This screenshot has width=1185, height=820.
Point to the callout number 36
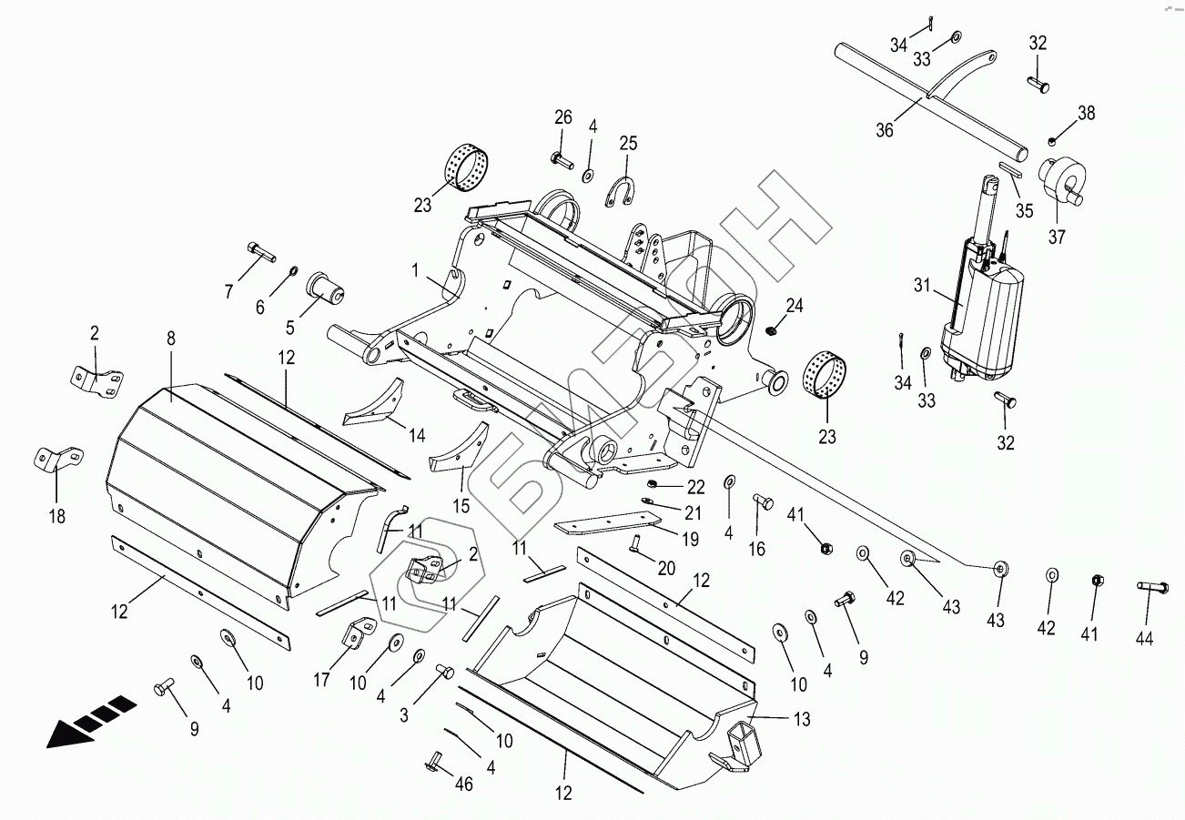pos(884,129)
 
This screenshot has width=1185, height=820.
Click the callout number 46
pos(463,784)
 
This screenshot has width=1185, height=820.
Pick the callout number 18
pos(56,517)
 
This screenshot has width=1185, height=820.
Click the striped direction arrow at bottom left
pos(91,722)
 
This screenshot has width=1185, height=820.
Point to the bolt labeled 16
pos(762,501)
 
